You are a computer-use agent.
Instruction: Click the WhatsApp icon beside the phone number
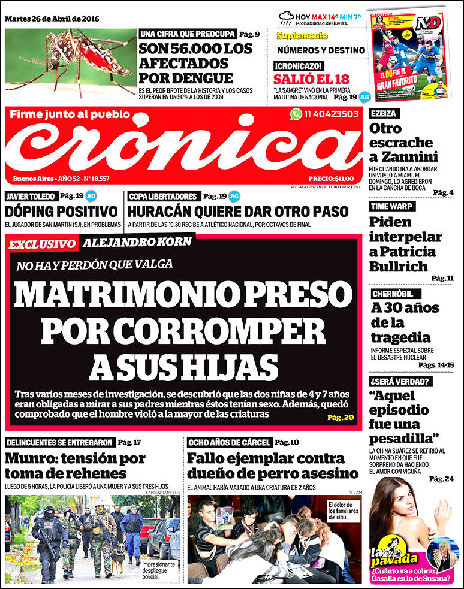pos(296,114)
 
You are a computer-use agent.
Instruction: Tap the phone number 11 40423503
pos(331,114)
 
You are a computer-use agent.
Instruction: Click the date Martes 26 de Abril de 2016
pos(52,19)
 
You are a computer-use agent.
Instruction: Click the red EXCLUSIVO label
pos(42,244)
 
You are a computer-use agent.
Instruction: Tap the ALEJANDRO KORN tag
pos(137,243)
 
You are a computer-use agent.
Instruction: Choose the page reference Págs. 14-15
pos(436,364)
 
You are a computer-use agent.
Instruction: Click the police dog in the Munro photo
pos(117,560)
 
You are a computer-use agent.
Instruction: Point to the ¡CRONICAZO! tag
pos(299,66)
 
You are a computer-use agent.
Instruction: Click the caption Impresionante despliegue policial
pos(159,567)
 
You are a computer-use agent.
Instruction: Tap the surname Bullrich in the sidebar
pos(398,266)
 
